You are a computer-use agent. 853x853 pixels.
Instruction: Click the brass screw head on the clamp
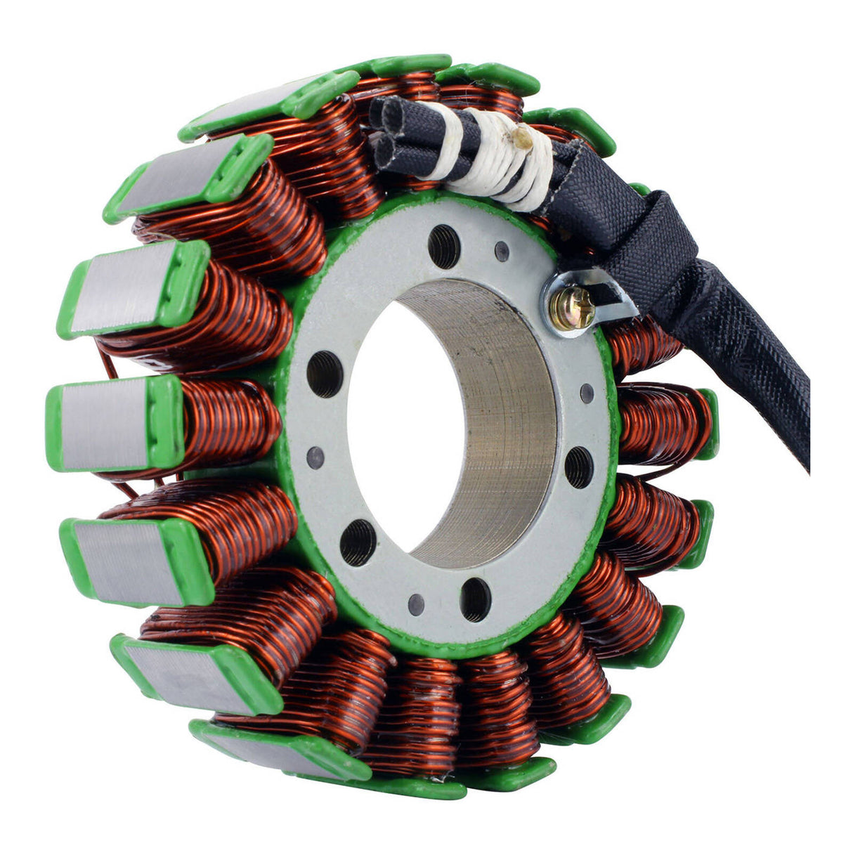[573, 308]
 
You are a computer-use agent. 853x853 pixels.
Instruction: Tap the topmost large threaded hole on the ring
[444, 247]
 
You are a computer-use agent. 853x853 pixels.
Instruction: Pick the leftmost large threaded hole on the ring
[325, 374]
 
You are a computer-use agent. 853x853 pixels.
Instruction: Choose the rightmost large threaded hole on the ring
[579, 467]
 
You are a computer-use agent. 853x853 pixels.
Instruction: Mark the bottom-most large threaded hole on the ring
[476, 599]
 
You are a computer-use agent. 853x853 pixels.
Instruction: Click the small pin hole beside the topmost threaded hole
[502, 251]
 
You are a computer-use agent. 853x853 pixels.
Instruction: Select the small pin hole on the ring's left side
[315, 458]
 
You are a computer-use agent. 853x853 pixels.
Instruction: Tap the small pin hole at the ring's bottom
[417, 603]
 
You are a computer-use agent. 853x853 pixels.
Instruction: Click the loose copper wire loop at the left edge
[107, 365]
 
